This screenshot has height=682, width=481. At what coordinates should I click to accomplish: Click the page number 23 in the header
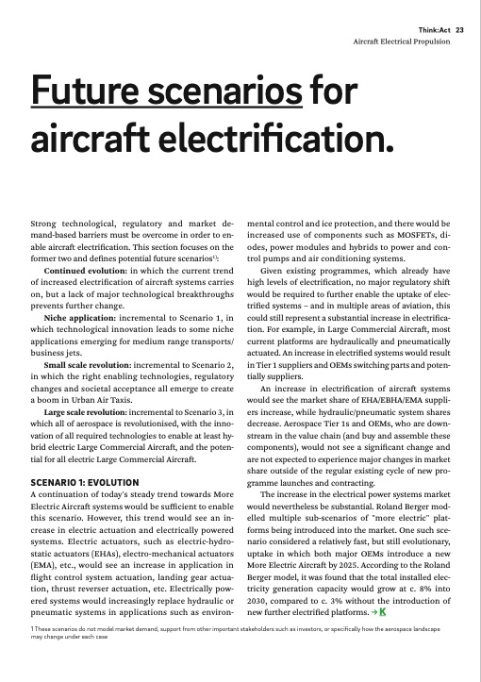point(460,29)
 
